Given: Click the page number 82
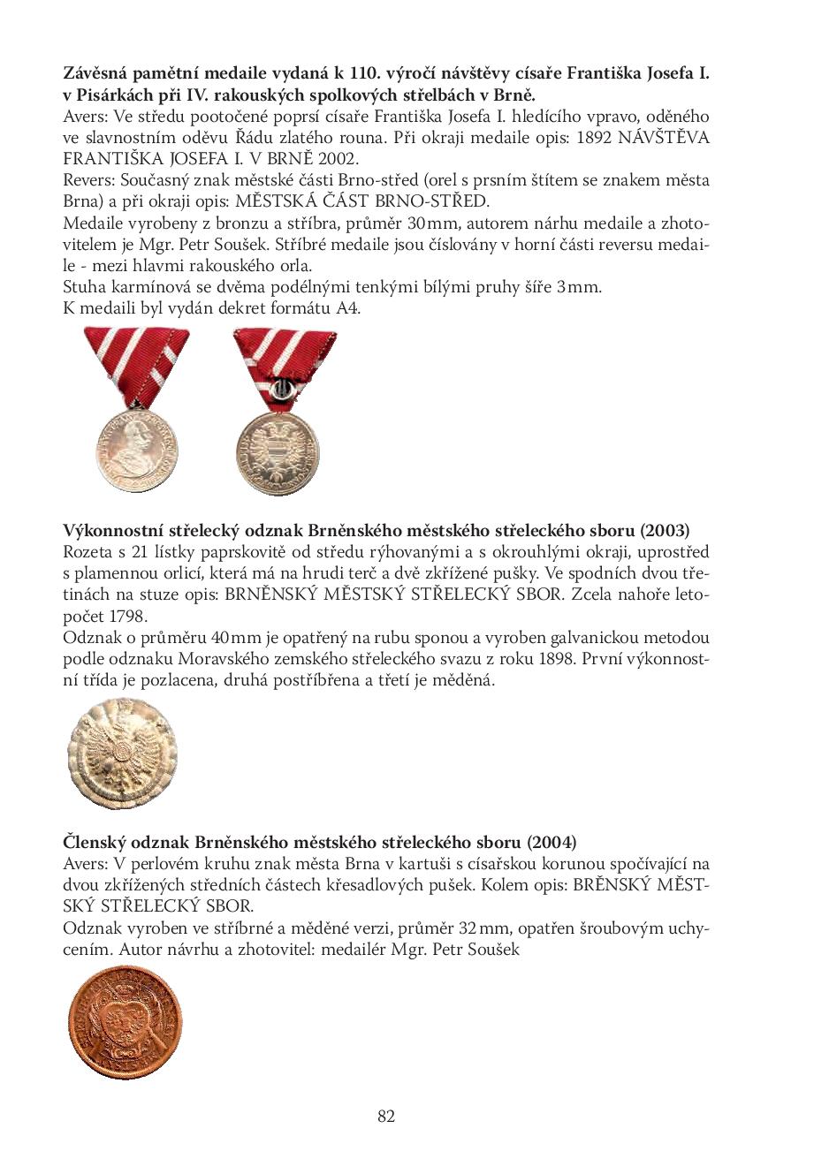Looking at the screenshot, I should (386, 1117).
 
